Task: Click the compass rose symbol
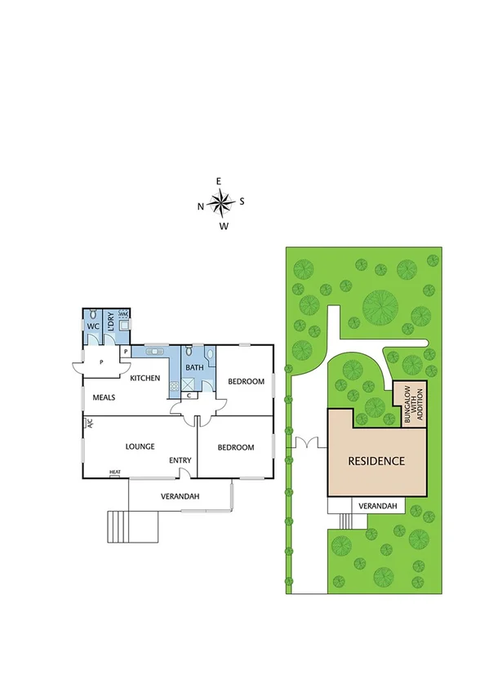click(x=221, y=202)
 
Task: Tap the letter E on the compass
click(x=219, y=181)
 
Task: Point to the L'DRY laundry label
click(x=109, y=320)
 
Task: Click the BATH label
click(x=194, y=368)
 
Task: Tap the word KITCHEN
click(x=144, y=378)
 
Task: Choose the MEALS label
click(x=103, y=397)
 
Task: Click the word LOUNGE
click(x=140, y=446)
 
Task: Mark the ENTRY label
click(x=180, y=461)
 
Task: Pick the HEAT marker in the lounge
click(x=116, y=472)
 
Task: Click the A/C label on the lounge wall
click(x=90, y=424)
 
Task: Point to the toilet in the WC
click(x=93, y=314)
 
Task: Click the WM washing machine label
click(x=123, y=313)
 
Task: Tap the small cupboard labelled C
click(x=189, y=396)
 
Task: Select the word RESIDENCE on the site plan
click(x=376, y=460)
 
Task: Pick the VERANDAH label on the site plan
click(x=379, y=507)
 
